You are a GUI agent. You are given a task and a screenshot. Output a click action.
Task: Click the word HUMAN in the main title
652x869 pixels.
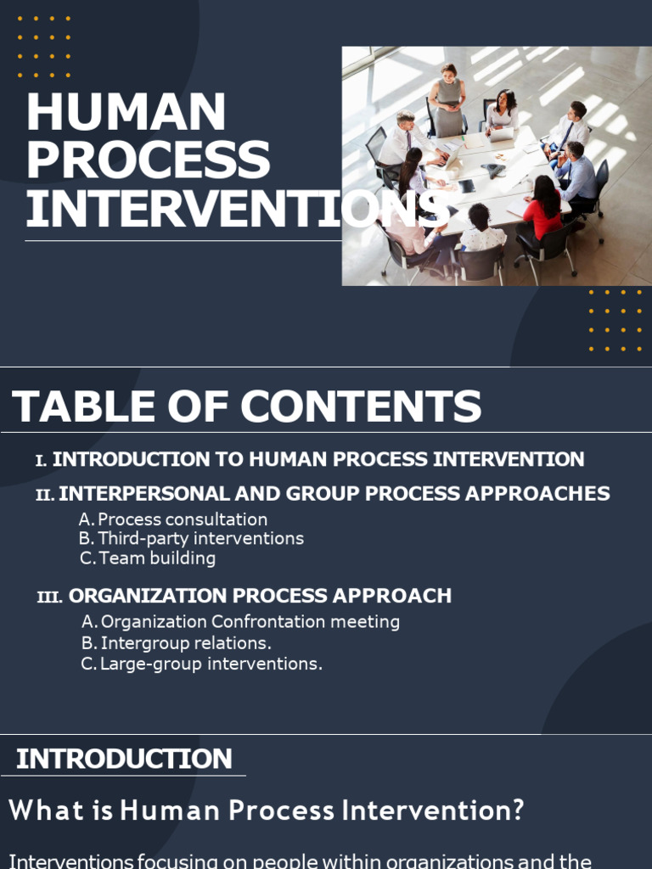pyautogui.click(x=126, y=112)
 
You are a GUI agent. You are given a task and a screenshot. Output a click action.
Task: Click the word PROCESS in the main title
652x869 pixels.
pyautogui.click(x=148, y=160)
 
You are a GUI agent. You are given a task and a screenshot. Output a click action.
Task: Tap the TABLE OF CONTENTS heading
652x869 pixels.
pyautogui.click(x=246, y=406)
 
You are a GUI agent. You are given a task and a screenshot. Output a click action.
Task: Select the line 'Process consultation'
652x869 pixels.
pyautogui.click(x=183, y=519)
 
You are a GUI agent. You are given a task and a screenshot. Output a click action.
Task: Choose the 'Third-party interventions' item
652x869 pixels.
pyautogui.click(x=200, y=539)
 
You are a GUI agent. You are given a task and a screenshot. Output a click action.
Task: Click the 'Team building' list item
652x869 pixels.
pyautogui.click(x=157, y=558)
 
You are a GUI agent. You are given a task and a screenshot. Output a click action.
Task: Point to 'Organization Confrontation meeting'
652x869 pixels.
pyautogui.click(x=250, y=622)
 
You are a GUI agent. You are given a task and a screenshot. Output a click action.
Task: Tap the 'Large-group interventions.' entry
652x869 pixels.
pyautogui.click(x=211, y=664)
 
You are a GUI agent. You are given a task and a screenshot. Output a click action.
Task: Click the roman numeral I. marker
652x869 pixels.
pyautogui.click(x=41, y=461)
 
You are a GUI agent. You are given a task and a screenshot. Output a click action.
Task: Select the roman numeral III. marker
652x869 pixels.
pyautogui.click(x=49, y=597)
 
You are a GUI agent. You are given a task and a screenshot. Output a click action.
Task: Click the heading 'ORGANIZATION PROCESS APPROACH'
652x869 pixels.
pyautogui.click(x=260, y=596)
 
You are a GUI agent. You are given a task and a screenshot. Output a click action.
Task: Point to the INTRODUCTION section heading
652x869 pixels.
pyautogui.click(x=124, y=759)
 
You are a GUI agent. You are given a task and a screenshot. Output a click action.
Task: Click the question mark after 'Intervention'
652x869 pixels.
pyautogui.click(x=517, y=811)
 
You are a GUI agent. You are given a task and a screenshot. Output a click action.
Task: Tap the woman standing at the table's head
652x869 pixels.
pyautogui.click(x=448, y=99)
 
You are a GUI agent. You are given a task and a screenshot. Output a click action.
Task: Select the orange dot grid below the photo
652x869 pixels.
pyautogui.click(x=615, y=320)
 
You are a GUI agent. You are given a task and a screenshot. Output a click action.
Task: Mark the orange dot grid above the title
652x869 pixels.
pyautogui.click(x=44, y=48)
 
